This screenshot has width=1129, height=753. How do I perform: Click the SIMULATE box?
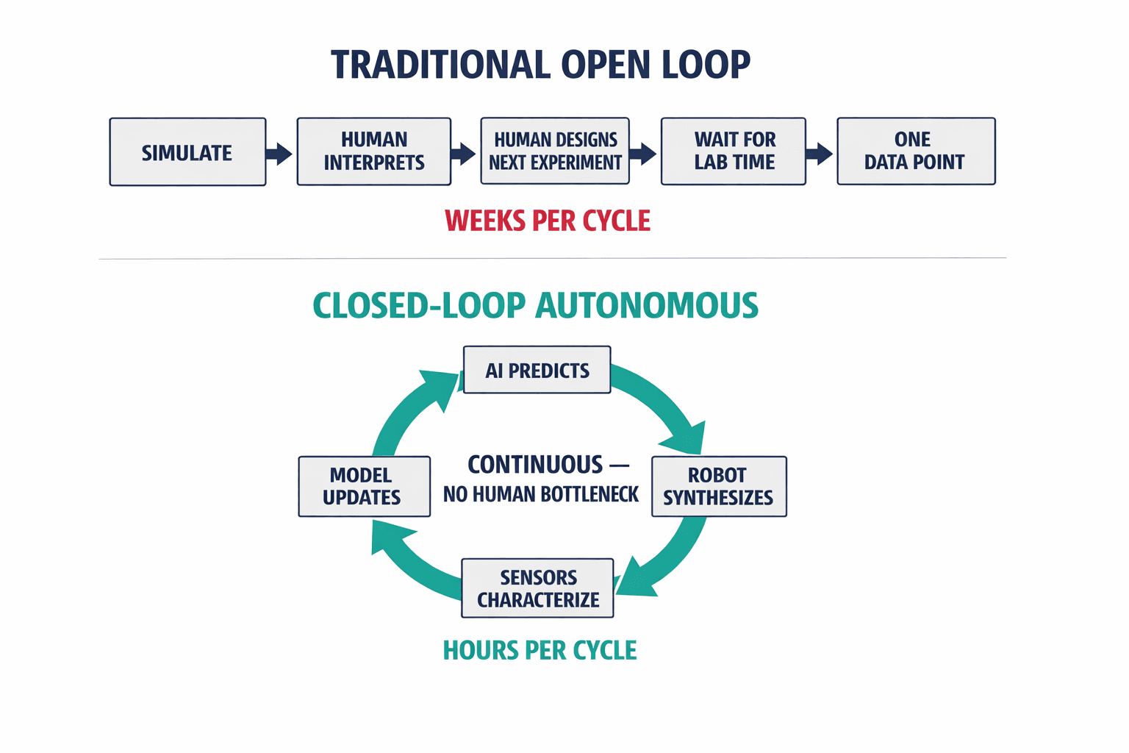187,152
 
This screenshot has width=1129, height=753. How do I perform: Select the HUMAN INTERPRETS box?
373,151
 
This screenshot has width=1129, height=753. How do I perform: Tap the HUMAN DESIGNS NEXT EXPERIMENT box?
555,151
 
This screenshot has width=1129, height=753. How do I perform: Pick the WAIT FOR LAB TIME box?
734,151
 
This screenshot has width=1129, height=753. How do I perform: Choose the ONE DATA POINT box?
916,151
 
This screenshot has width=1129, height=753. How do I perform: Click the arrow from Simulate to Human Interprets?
279,154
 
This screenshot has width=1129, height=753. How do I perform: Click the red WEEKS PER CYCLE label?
548,221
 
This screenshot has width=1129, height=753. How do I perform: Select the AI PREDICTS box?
537,371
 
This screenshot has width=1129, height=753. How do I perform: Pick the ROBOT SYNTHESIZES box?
719,487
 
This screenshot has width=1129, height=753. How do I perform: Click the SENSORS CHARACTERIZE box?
537,588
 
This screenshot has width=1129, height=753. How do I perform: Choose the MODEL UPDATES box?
364,487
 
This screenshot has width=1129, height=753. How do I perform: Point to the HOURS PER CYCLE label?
540,651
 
